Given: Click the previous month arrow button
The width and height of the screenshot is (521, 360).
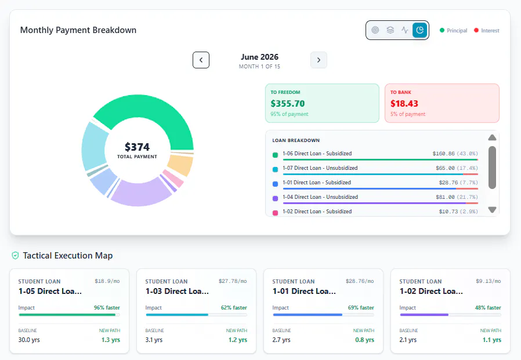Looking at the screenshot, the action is (x=201, y=60).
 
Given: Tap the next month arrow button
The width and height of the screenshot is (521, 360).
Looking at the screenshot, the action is (x=319, y=60).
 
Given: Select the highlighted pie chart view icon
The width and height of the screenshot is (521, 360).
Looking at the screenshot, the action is (x=419, y=30).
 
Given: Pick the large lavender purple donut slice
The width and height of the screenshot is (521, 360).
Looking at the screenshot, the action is (x=141, y=193).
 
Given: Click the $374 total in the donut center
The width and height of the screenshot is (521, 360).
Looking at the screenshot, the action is (x=138, y=147).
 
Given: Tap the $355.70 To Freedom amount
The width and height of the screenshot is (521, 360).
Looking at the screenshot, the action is (x=288, y=104).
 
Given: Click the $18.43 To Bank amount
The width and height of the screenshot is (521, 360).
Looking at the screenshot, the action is (x=404, y=104).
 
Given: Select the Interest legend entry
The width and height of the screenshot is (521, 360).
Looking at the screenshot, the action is (x=487, y=31).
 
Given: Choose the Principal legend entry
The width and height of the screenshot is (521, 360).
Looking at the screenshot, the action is (x=454, y=31).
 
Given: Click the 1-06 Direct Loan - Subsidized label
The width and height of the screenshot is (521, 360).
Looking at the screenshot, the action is (x=317, y=154).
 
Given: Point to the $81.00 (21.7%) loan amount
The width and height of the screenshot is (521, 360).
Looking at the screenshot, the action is (x=457, y=197).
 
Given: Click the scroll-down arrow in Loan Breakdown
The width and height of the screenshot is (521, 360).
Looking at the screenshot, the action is (x=493, y=209).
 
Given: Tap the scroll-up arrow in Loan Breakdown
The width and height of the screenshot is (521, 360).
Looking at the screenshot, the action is (x=493, y=137).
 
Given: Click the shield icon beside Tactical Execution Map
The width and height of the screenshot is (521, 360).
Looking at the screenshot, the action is (x=15, y=256).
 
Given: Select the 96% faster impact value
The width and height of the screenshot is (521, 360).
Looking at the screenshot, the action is (x=107, y=307).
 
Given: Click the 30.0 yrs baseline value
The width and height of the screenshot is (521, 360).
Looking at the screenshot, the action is (x=29, y=340).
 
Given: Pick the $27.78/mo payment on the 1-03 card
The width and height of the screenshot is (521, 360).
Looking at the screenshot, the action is (x=233, y=281).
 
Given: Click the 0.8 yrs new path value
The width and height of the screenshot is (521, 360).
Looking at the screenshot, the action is (x=364, y=340).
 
